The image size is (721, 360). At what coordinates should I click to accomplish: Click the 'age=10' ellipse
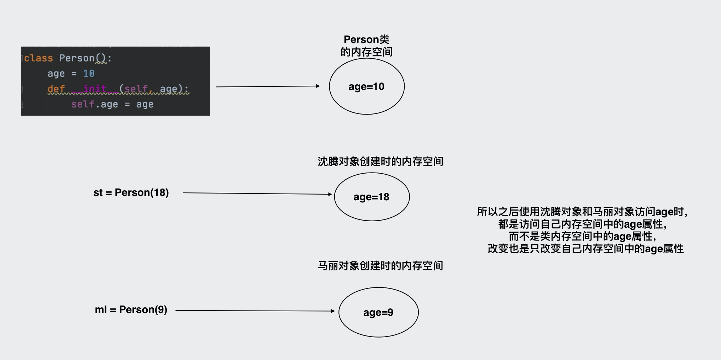click(x=367, y=86)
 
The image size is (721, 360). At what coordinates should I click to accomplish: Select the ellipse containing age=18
click(x=372, y=197)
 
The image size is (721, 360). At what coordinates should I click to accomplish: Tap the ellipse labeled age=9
click(x=378, y=312)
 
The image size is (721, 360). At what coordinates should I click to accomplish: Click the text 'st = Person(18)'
click(x=131, y=192)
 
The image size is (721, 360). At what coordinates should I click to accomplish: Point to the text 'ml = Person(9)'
click(x=131, y=309)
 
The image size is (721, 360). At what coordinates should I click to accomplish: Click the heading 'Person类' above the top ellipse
click(x=366, y=39)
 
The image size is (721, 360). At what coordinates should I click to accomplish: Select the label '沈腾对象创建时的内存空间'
click(x=380, y=162)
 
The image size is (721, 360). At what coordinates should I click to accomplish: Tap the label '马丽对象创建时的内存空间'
click(x=380, y=266)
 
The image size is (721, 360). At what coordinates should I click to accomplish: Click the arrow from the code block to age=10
click(x=267, y=86)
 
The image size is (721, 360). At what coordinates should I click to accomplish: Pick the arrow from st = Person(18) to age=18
click(x=256, y=194)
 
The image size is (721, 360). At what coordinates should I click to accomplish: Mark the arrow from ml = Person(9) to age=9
click(x=254, y=311)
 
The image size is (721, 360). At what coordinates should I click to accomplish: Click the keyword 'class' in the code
click(x=38, y=58)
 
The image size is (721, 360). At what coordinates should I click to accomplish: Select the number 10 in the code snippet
click(x=89, y=74)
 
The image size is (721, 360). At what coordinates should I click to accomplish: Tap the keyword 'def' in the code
click(x=56, y=89)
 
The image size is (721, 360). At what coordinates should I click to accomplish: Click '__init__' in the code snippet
click(x=95, y=89)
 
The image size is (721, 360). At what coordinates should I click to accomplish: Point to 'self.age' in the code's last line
click(x=94, y=105)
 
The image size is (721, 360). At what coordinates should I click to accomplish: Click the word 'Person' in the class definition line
click(x=77, y=58)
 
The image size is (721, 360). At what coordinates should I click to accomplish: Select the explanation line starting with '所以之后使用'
click(x=582, y=212)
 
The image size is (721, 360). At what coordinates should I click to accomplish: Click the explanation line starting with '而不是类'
click(x=582, y=237)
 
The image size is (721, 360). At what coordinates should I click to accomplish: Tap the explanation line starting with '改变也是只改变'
click(x=585, y=249)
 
